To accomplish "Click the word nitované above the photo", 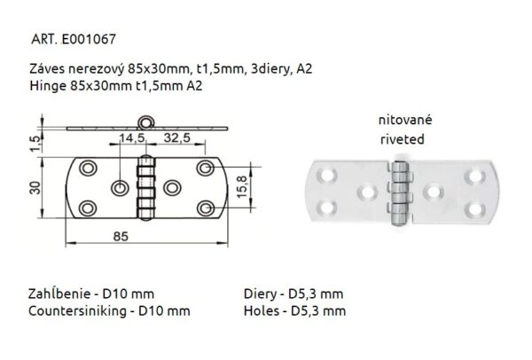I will (x=400, y=121).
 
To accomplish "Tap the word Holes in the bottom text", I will (x=260, y=311).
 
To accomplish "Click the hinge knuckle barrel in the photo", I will (x=400, y=190).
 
